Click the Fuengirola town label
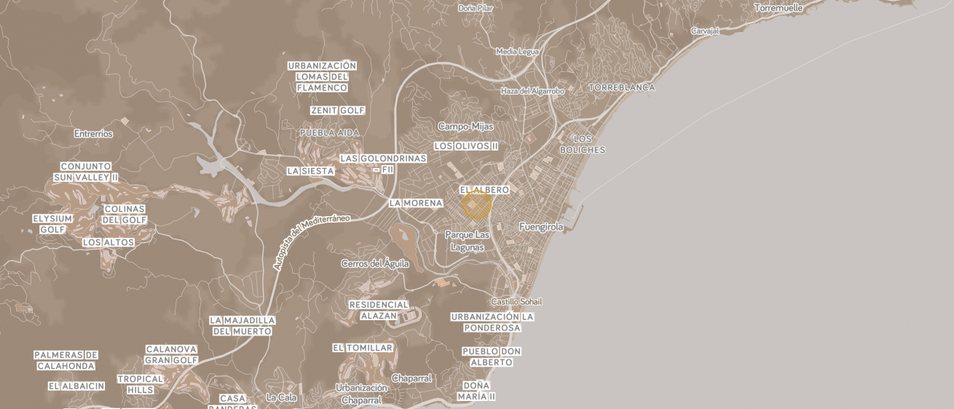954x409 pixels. (541, 227)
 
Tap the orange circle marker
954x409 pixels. (477, 205)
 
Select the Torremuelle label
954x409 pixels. (778, 8)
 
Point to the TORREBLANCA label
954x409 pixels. (621, 87)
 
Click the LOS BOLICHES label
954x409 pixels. (583, 144)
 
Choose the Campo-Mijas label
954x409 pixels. (465, 127)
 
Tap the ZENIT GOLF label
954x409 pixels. (338, 111)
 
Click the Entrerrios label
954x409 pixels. (93, 134)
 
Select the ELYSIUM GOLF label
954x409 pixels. (52, 224)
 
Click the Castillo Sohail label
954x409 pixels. (516, 301)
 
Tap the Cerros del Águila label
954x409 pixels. (375, 263)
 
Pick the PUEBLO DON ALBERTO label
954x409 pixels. (492, 357)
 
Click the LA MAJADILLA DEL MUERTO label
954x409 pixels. (243, 325)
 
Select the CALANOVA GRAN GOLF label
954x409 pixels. (171, 354)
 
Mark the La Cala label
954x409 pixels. (281, 397)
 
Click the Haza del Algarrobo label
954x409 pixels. (532, 91)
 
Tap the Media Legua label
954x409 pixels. (517, 52)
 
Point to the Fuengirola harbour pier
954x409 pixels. (575, 215)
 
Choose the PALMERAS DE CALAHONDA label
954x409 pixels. (66, 360)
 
